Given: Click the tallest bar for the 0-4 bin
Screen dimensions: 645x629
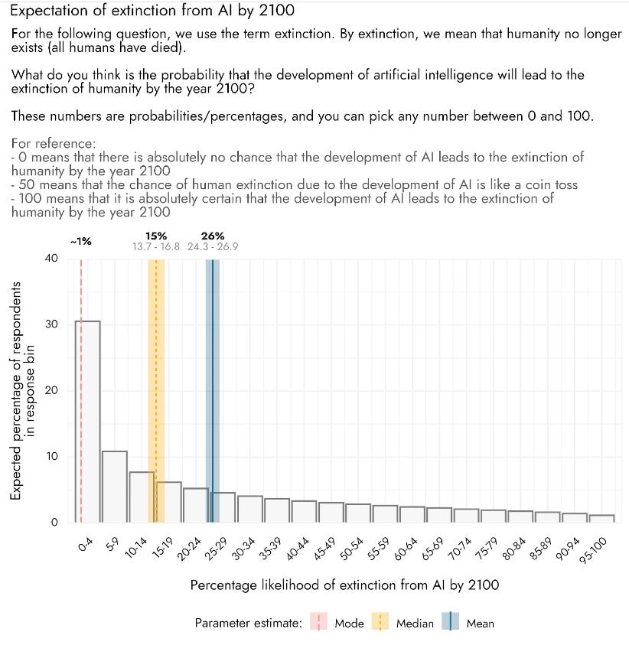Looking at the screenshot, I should [x=87, y=422].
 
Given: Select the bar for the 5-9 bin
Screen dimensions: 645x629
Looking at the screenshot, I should [x=114, y=487].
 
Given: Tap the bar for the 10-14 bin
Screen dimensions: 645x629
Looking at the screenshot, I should [x=142, y=497].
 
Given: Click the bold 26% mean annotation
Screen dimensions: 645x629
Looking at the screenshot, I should [x=212, y=236].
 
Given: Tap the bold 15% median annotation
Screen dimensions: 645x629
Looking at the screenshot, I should [x=155, y=236].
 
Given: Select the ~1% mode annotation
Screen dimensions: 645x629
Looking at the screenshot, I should [x=81, y=241].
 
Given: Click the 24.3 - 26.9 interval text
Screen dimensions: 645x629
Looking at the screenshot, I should [x=212, y=246].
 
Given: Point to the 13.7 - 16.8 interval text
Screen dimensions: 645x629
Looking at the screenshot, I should [x=155, y=246].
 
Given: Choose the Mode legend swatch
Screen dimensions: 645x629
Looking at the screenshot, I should [x=319, y=623].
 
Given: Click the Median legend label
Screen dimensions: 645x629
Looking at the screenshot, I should [x=414, y=624].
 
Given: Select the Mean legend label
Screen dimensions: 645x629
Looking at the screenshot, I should [x=480, y=624].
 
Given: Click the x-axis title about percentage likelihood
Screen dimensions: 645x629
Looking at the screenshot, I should [x=344, y=585].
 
